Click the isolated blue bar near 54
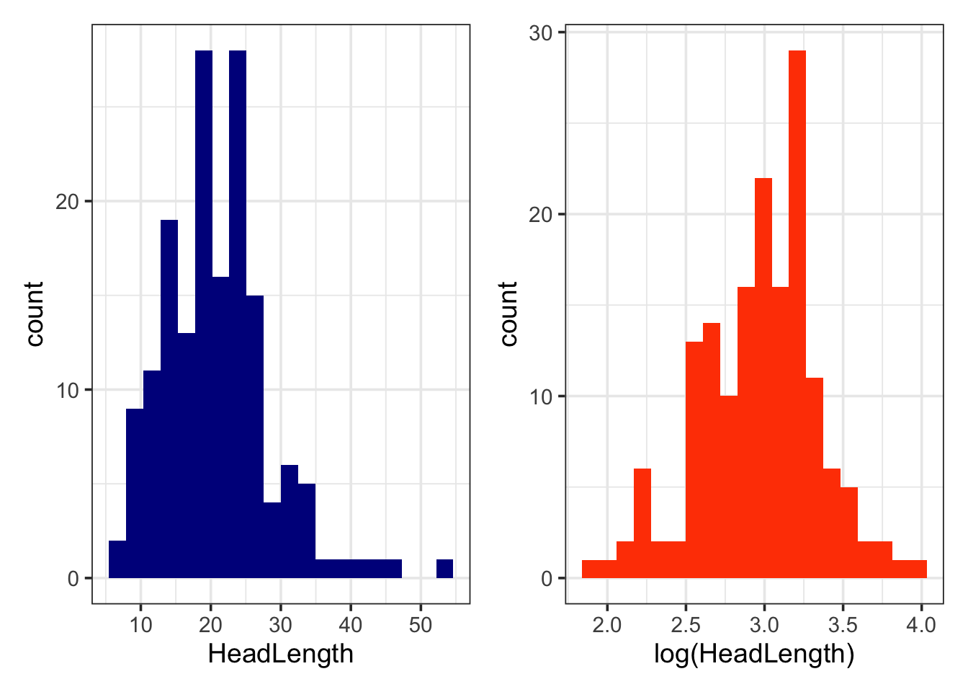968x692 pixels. (x=444, y=569)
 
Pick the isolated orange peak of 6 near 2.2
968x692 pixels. (x=642, y=523)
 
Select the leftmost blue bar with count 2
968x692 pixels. (x=117, y=559)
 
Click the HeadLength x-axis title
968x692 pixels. (x=281, y=654)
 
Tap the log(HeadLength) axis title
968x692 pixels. (x=754, y=654)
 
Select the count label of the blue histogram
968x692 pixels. (x=35, y=314)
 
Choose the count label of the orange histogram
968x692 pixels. (x=508, y=314)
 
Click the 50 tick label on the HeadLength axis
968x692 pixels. (x=421, y=624)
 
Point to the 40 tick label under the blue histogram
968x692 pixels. (x=351, y=624)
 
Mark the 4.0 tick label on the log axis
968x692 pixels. (x=920, y=624)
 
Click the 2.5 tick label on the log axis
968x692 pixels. (x=685, y=624)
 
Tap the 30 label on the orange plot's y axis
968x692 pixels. (x=540, y=33)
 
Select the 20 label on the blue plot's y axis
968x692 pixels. (x=67, y=202)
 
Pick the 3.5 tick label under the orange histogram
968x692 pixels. (x=842, y=624)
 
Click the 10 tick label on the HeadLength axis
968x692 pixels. (x=141, y=624)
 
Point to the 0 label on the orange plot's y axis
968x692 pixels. (x=547, y=578)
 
